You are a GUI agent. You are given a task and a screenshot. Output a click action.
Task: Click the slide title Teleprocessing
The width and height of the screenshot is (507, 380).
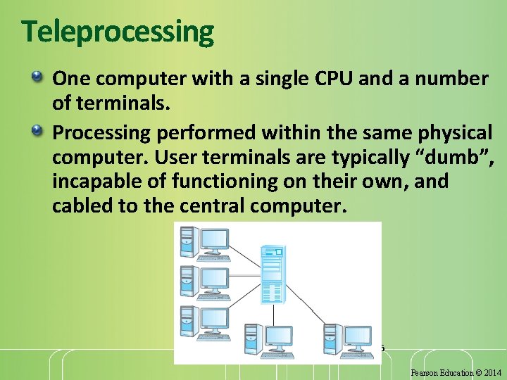coord(117,32)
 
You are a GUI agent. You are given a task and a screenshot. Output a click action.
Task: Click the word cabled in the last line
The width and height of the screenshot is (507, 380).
coord(83,207)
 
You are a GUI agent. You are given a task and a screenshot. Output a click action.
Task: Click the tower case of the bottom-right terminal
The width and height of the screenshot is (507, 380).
coord(330,338)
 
